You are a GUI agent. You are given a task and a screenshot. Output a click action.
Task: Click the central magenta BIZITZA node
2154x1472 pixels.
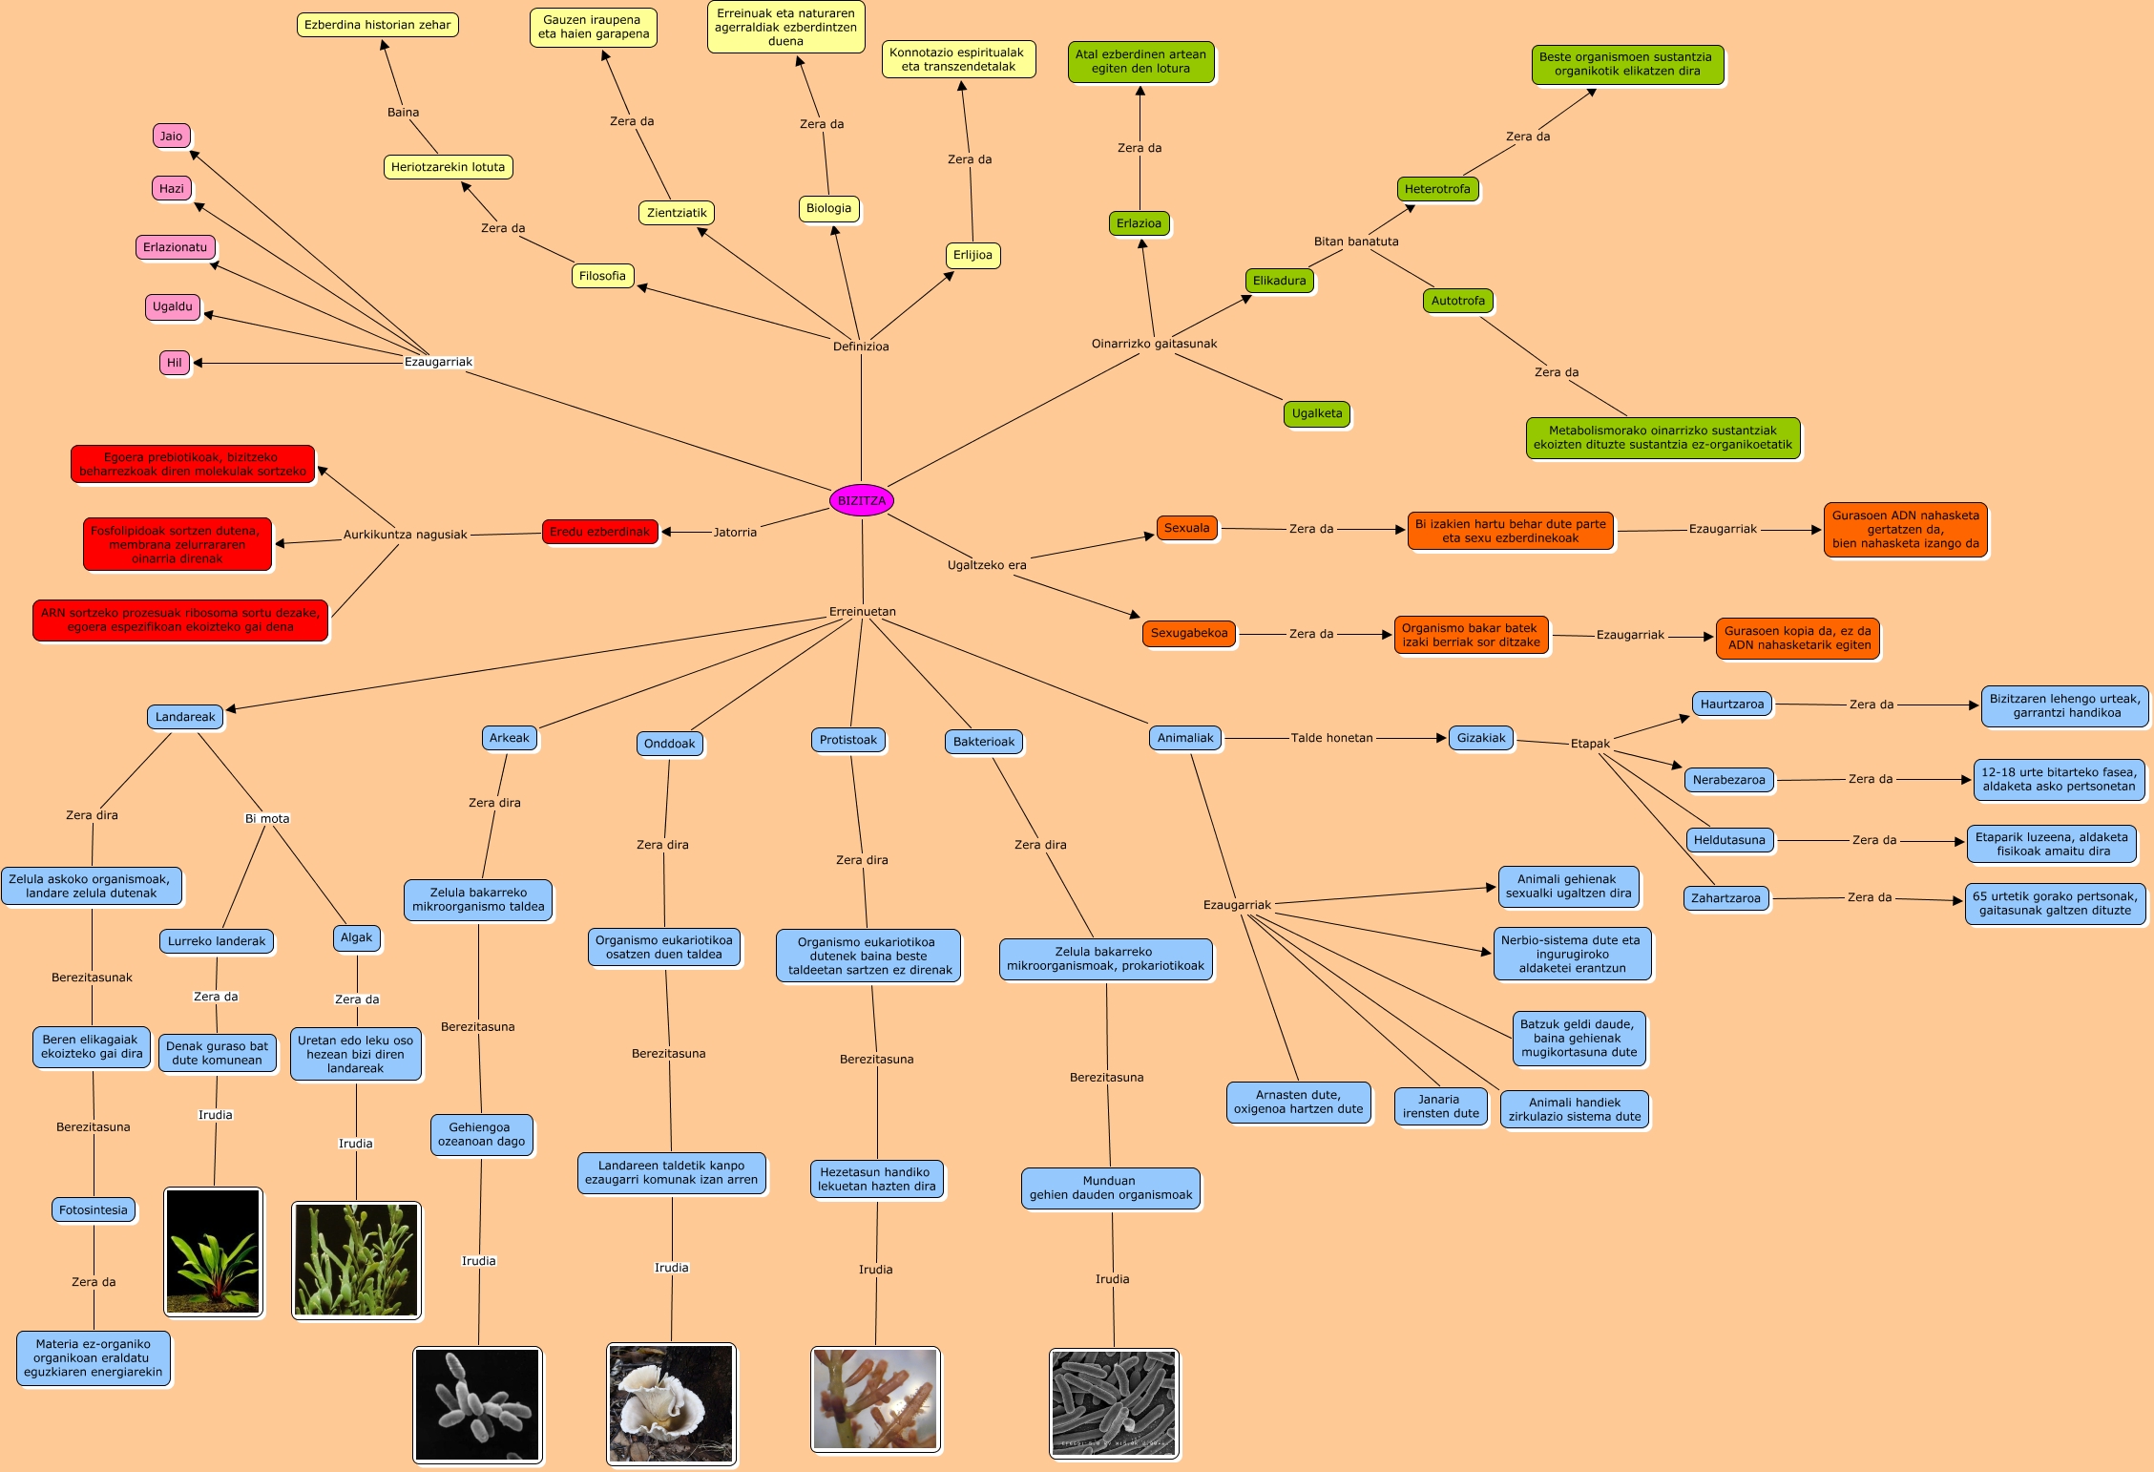point(861,500)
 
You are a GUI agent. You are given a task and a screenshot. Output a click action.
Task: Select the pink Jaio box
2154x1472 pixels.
point(172,136)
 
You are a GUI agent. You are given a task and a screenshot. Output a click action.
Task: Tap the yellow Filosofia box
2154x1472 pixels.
point(602,276)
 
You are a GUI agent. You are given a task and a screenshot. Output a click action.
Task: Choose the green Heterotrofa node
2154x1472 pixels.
point(1437,189)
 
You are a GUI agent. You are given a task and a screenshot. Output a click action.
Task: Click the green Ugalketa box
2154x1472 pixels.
point(1317,413)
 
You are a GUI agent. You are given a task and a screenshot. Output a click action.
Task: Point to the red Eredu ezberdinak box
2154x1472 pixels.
point(599,532)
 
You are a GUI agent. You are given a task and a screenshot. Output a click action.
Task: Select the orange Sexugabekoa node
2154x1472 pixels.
point(1189,633)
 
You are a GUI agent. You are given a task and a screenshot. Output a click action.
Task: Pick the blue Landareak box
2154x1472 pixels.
point(185,717)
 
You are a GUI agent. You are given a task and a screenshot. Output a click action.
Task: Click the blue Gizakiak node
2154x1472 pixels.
point(1481,738)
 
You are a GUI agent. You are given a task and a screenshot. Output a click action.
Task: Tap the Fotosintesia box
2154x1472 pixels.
point(94,1209)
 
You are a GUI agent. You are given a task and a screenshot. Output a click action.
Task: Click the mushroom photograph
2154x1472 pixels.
point(671,1402)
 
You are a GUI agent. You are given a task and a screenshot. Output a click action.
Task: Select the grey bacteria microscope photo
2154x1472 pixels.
point(1114,1403)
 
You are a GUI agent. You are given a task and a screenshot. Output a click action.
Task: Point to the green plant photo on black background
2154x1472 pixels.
point(213,1251)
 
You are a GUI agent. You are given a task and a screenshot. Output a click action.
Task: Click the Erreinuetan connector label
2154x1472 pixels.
point(862,612)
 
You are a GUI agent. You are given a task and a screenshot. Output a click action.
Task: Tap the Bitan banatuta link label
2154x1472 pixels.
point(1355,242)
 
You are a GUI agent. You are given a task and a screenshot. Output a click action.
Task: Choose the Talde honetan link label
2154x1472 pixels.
point(1331,738)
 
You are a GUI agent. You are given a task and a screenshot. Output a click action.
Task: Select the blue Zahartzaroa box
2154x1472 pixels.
point(1725,898)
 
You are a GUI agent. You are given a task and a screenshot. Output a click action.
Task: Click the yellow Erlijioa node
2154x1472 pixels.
point(972,255)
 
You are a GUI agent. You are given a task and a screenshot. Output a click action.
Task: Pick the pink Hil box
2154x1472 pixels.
point(175,363)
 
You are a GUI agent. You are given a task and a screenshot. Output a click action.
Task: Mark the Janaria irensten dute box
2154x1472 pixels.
point(1440,1106)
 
